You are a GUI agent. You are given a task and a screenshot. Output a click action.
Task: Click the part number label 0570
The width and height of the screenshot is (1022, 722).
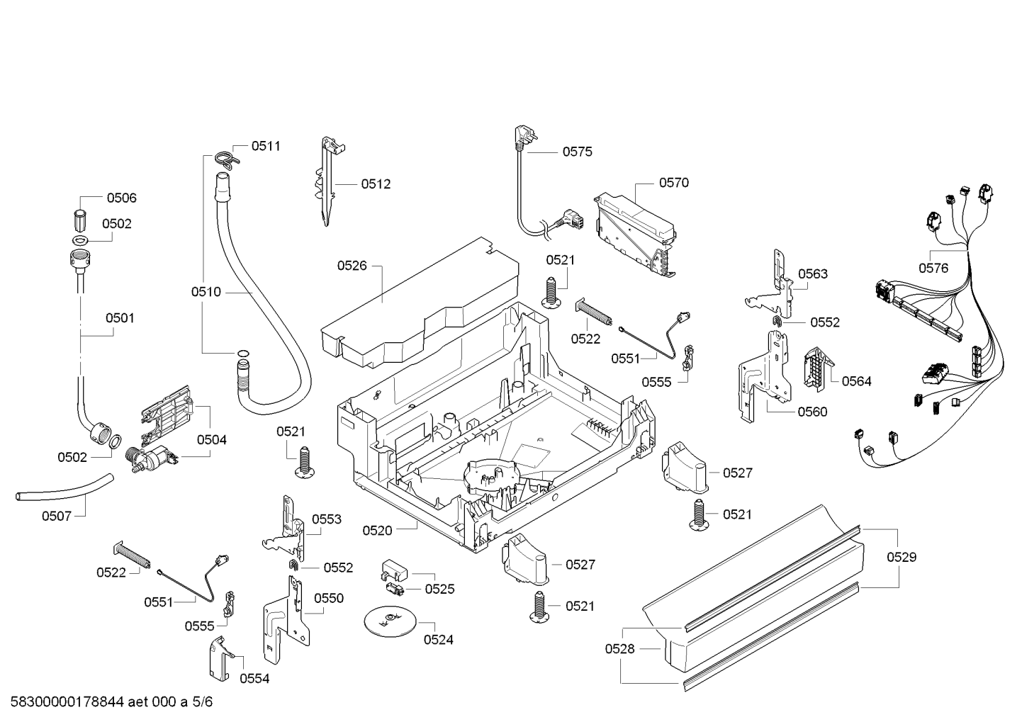click(x=673, y=183)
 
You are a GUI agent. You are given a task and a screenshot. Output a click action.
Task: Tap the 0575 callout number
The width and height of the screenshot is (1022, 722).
click(x=577, y=152)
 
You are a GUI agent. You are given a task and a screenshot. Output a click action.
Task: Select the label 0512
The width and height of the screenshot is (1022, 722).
click(x=376, y=184)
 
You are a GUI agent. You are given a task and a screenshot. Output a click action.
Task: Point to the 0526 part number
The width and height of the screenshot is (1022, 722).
click(x=352, y=266)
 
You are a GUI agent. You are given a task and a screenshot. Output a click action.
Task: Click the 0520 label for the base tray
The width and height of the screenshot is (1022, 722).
click(x=377, y=531)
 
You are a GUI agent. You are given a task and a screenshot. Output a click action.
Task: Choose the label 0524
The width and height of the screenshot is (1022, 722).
click(x=439, y=640)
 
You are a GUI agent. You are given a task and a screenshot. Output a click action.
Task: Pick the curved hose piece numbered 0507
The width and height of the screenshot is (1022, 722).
click(x=64, y=489)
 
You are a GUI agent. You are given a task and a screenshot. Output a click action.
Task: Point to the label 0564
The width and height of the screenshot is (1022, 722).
click(x=856, y=381)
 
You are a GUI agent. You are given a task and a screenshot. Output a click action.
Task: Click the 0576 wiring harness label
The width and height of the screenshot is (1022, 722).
click(x=933, y=269)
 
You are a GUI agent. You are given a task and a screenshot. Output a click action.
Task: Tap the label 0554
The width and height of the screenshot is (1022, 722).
click(x=254, y=679)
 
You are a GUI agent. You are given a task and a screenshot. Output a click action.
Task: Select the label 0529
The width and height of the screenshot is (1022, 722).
click(x=902, y=558)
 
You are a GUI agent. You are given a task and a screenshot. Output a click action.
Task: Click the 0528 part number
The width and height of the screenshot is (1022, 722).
click(x=619, y=649)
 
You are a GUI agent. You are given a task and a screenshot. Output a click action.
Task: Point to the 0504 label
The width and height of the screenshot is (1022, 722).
click(x=212, y=440)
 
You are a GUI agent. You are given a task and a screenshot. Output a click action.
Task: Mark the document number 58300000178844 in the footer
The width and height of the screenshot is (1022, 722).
click(x=67, y=702)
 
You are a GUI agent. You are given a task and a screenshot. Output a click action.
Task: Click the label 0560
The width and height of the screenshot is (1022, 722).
click(x=813, y=412)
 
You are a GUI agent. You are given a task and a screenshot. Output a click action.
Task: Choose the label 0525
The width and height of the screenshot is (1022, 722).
click(x=440, y=590)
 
